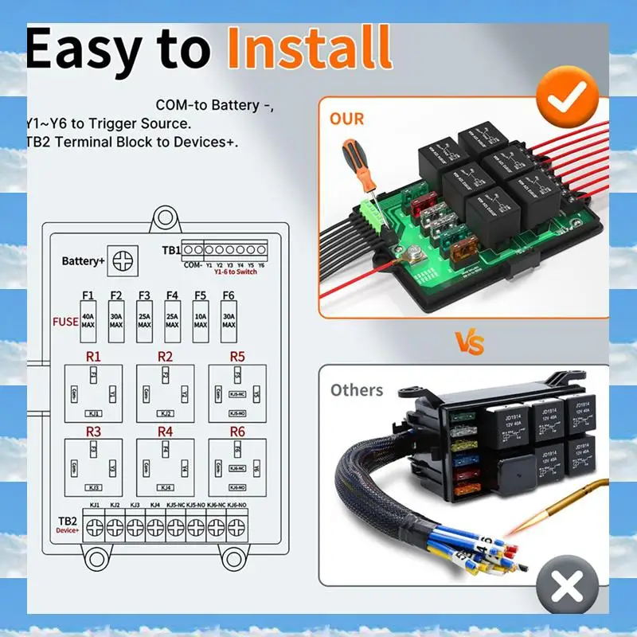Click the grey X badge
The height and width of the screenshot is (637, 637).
(566, 588)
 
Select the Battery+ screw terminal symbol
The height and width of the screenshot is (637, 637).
(123, 260)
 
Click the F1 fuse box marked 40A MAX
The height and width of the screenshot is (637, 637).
(88, 321)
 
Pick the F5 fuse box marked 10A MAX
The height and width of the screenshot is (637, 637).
(200, 321)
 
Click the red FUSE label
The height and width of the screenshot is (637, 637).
(65, 322)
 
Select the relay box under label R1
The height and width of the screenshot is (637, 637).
(93, 393)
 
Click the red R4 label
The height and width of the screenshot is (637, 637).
(165, 431)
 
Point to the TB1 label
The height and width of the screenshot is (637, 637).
(170, 250)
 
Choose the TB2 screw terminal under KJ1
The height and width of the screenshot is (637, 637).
(95, 526)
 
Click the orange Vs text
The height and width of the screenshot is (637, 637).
(469, 342)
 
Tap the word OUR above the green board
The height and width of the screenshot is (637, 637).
(346, 119)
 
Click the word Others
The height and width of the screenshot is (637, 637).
(357, 390)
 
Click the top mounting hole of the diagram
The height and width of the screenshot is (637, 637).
(165, 216)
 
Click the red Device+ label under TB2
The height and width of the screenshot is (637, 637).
(67, 530)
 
